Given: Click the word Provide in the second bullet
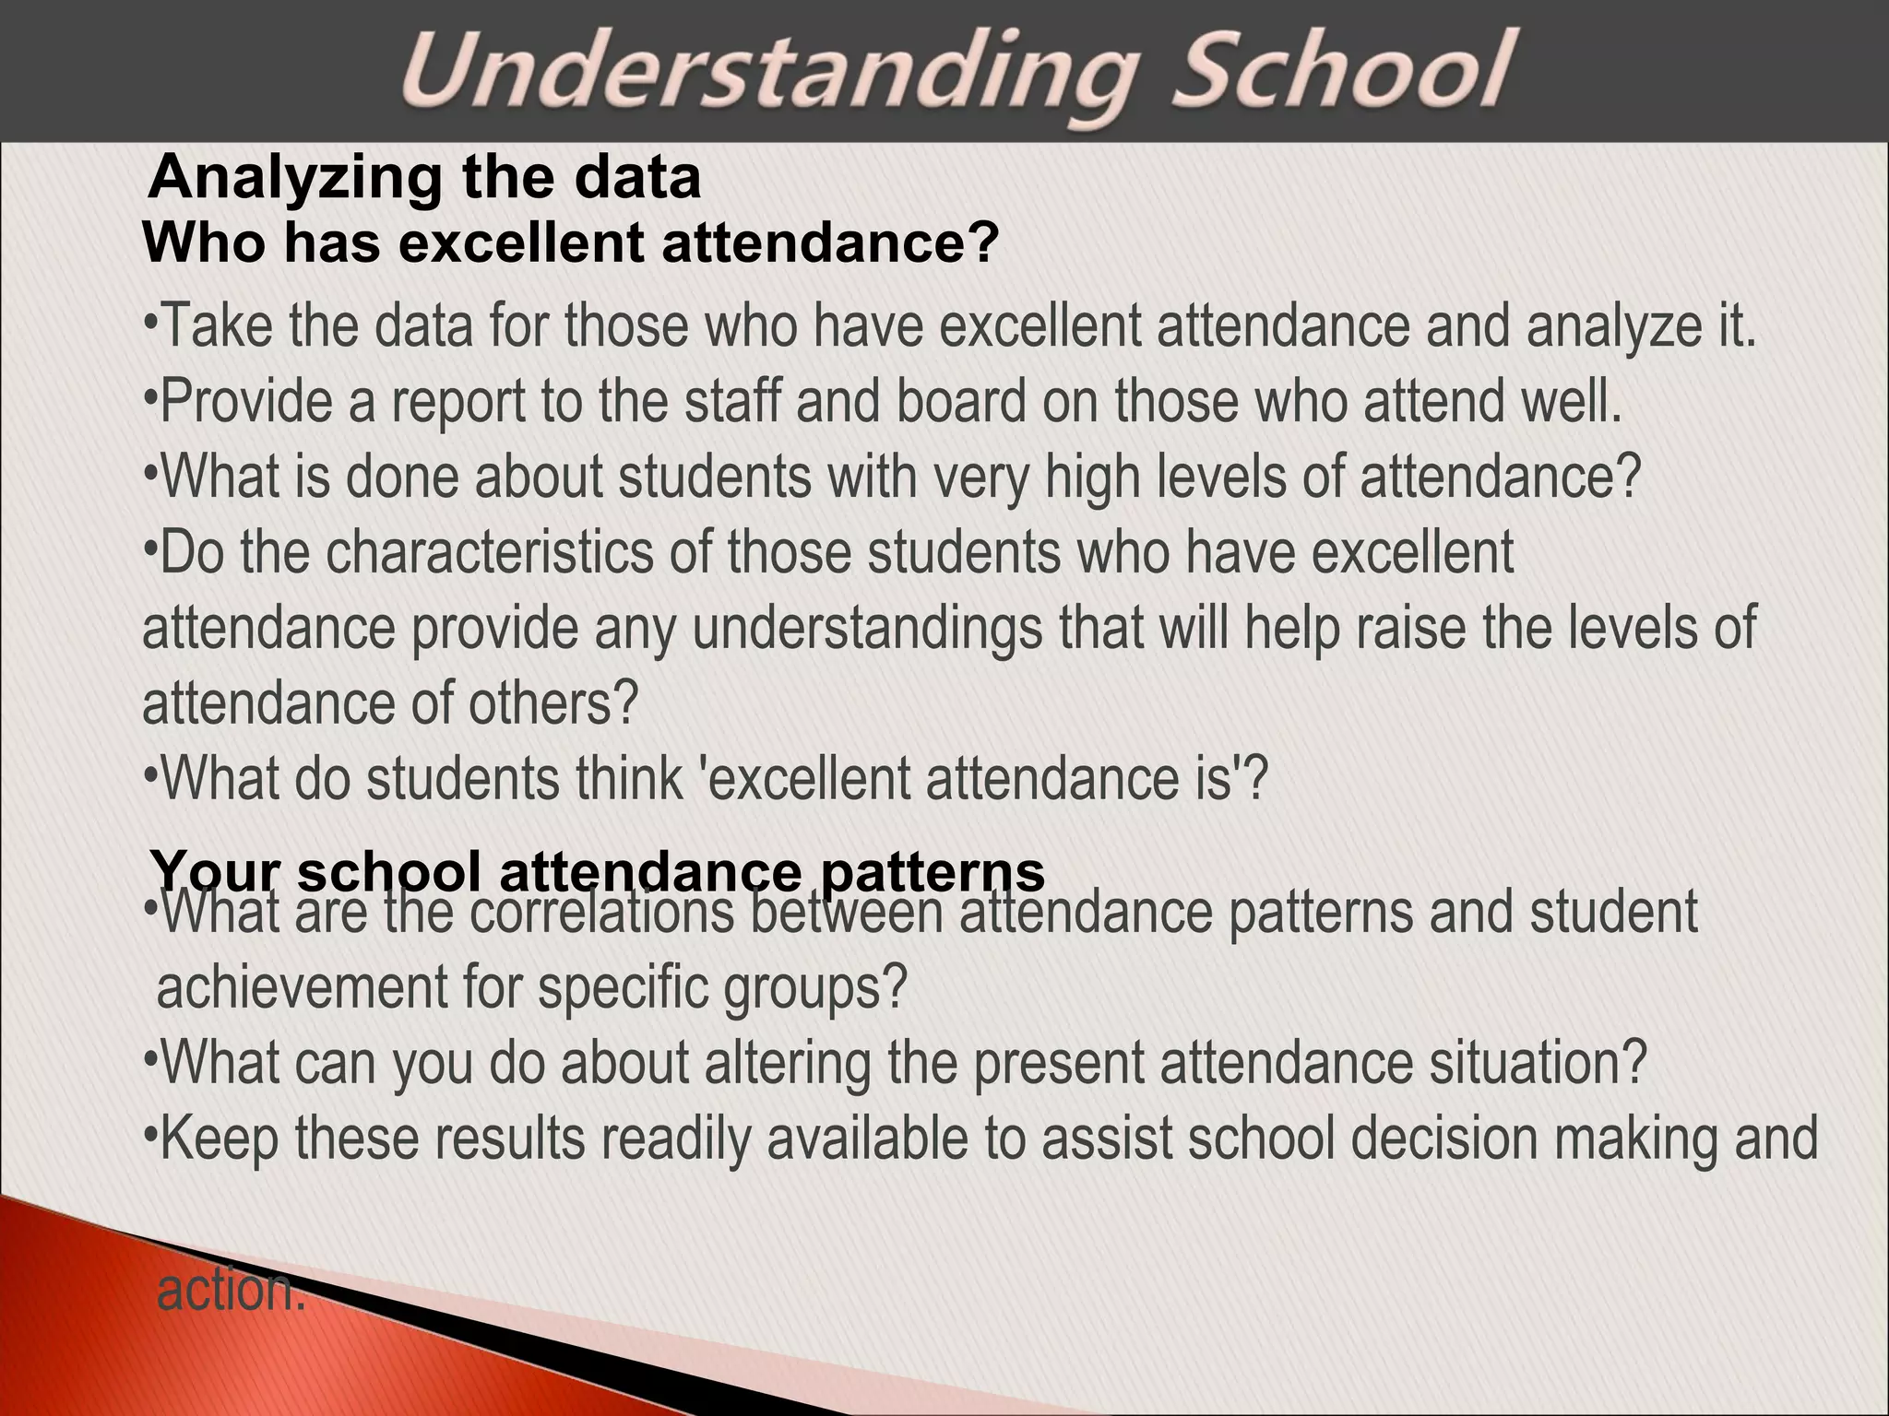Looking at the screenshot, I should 245,403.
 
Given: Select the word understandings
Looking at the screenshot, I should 867,629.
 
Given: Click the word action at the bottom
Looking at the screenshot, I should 230,1291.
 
